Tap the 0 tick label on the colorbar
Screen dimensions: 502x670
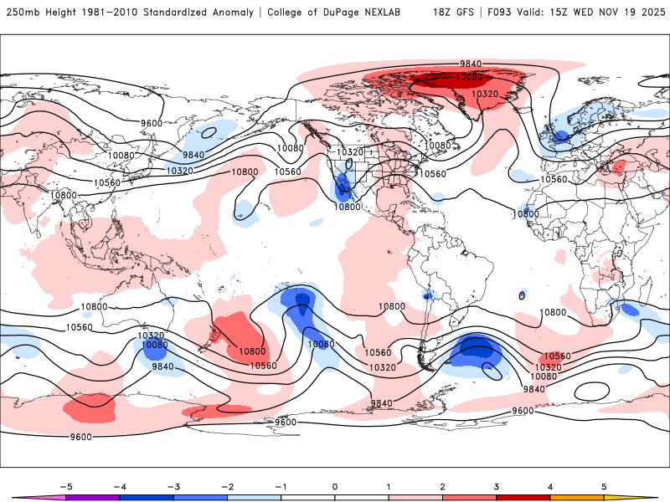(335, 485)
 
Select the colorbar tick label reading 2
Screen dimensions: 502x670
(442, 485)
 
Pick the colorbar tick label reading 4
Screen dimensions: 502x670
(549, 485)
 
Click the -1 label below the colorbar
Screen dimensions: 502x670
(281, 485)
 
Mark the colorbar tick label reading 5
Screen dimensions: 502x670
(603, 485)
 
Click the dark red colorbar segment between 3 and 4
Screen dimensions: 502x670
(523, 497)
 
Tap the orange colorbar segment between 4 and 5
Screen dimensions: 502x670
(576, 497)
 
